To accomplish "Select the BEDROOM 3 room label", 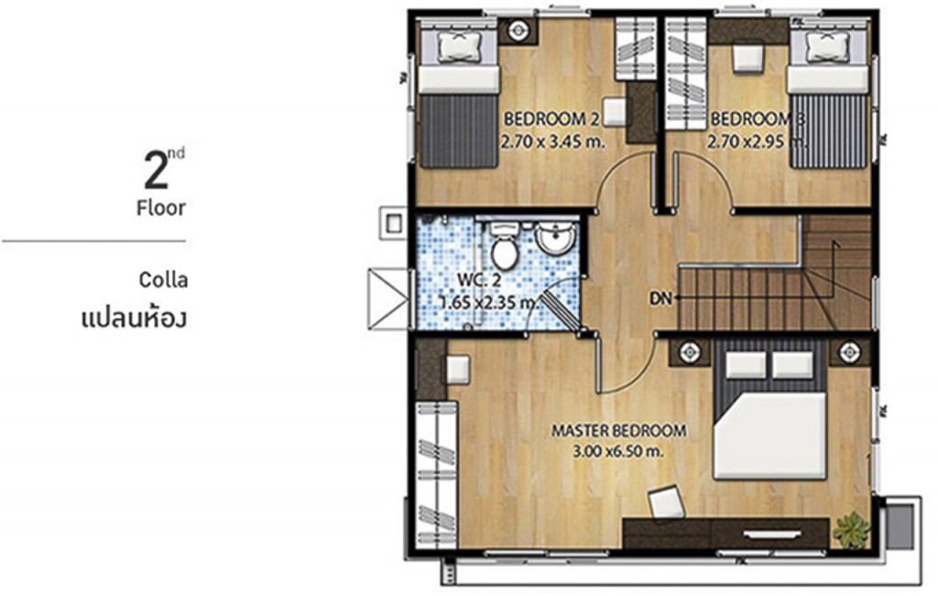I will (749, 119).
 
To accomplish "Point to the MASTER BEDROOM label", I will (618, 430).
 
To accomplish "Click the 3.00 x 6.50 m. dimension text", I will (618, 451).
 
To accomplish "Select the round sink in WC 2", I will (554, 240).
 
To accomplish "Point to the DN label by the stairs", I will (660, 298).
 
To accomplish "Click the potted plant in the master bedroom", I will (851, 529).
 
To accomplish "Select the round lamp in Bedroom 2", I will (518, 29).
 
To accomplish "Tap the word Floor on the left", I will (161, 207).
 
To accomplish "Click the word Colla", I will (164, 280).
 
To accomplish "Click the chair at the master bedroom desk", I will (665, 502).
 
